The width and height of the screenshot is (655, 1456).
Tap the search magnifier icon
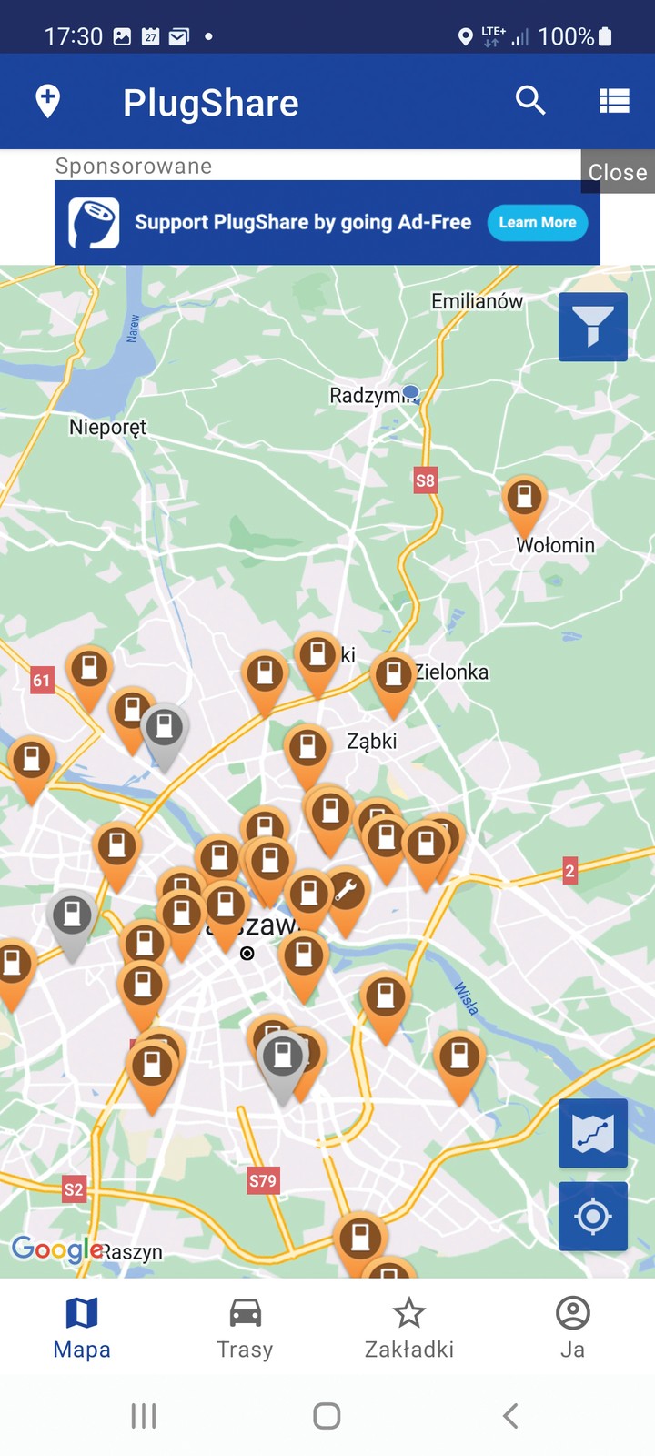(530, 100)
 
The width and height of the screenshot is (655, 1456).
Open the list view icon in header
(614, 101)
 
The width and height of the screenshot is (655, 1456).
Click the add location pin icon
(48, 100)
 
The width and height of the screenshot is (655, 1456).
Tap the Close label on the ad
(618, 172)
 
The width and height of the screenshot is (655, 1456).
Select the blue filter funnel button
(593, 327)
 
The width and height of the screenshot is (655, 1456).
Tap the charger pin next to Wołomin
(524, 500)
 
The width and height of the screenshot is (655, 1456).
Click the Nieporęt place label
(107, 427)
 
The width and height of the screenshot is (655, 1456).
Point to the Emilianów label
(477, 301)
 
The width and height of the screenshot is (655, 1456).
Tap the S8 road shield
(425, 480)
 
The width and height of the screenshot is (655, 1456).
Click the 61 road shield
(42, 680)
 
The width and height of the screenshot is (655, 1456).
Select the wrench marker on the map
(347, 893)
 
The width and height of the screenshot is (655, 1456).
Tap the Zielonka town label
(452, 672)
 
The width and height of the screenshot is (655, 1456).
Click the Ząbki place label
(372, 741)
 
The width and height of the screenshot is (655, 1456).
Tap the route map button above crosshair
(593, 1133)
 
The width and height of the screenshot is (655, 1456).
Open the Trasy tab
(245, 1329)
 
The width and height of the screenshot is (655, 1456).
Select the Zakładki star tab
(408, 1329)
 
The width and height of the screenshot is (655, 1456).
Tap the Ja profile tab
(572, 1329)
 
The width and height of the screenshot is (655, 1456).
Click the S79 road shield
(263, 1181)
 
